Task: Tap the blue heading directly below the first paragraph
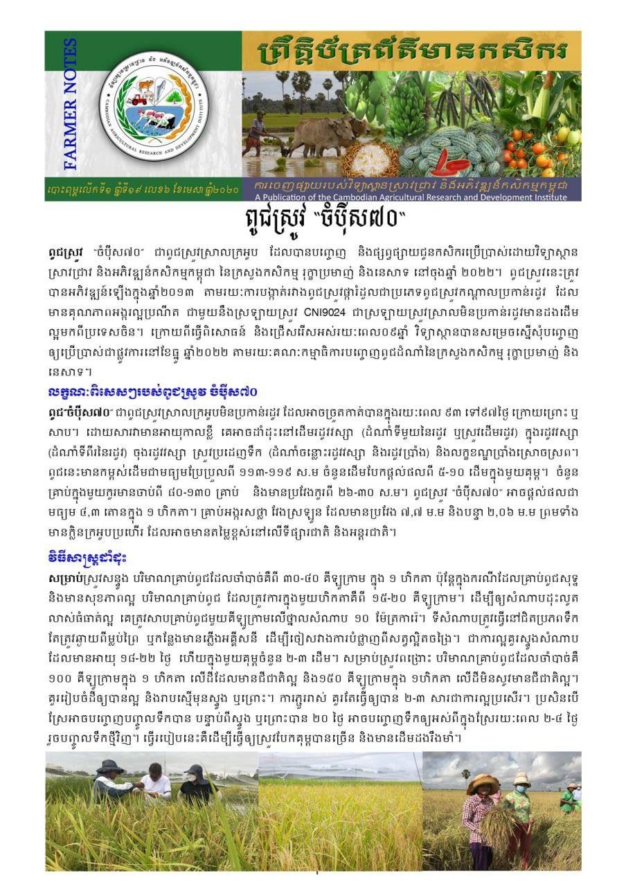click(x=154, y=392)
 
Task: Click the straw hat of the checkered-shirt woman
click(x=482, y=782)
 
